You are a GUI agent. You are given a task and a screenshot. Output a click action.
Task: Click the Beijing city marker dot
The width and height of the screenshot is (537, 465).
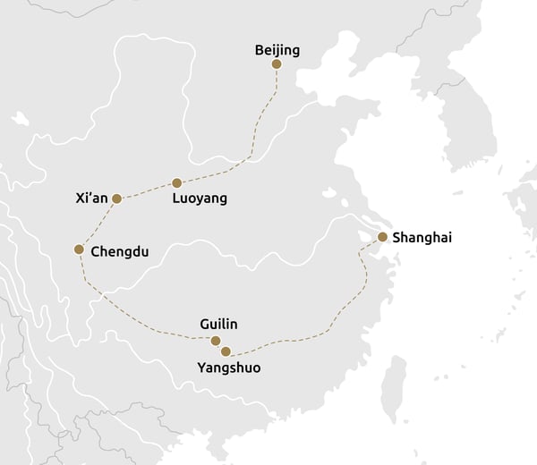(277, 64)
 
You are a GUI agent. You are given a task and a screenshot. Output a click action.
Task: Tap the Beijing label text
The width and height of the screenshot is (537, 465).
(277, 50)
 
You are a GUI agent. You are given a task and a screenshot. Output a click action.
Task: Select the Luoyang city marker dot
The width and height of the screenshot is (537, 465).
(176, 182)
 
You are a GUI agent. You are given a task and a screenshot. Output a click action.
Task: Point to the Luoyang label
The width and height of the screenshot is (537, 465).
(200, 199)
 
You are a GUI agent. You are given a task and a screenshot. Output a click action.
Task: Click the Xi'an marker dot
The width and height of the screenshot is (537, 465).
(116, 199)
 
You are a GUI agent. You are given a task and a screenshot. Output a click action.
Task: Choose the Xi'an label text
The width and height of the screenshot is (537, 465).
(92, 199)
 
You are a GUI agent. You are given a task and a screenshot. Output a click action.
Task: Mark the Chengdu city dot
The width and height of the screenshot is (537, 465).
(79, 249)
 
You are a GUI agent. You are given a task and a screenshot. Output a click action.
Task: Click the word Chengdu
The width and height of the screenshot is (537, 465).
(120, 251)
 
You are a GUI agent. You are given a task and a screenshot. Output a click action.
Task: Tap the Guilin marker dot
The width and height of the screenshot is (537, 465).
(215, 341)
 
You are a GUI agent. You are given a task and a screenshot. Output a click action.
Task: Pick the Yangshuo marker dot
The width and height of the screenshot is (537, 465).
(226, 351)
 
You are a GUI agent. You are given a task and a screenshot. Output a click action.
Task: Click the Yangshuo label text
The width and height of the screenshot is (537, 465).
(228, 368)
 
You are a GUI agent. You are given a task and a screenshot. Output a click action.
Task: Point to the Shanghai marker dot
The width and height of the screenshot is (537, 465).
(382, 237)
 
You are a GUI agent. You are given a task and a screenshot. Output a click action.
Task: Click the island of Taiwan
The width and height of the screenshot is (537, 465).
(394, 390)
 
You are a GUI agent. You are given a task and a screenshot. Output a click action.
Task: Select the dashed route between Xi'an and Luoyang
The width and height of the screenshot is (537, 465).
(147, 190)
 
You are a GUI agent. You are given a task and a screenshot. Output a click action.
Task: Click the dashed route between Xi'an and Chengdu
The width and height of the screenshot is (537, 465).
(98, 224)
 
